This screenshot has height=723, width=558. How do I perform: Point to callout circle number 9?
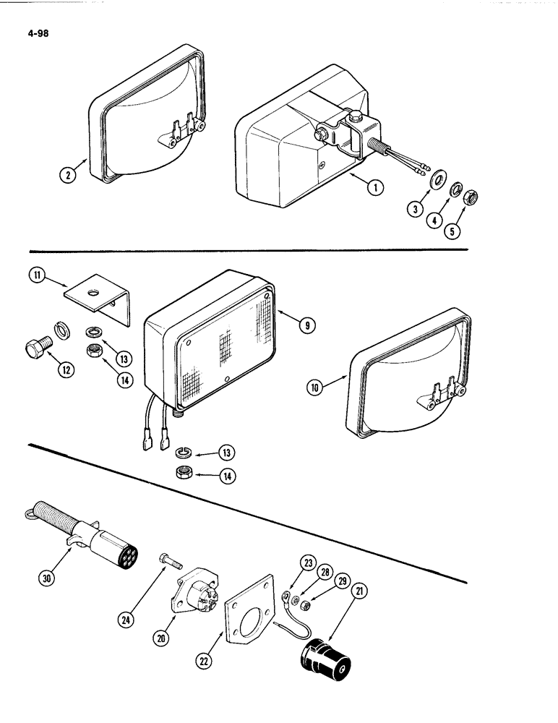point(307,326)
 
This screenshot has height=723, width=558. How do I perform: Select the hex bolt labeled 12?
point(35,346)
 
